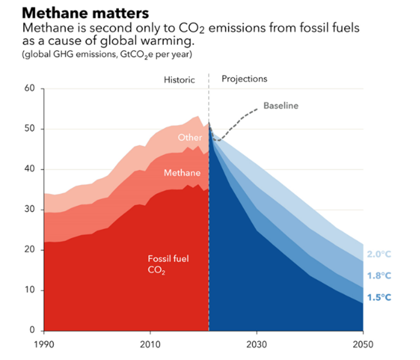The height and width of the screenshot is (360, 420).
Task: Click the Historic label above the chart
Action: (x=179, y=79)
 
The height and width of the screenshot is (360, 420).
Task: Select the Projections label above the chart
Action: (x=244, y=79)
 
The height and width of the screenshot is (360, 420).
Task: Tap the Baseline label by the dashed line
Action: (x=280, y=106)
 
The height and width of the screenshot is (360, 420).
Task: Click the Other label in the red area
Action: (x=190, y=138)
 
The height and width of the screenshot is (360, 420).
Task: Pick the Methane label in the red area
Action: (x=182, y=173)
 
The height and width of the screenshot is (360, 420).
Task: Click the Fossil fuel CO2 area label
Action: (x=161, y=263)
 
